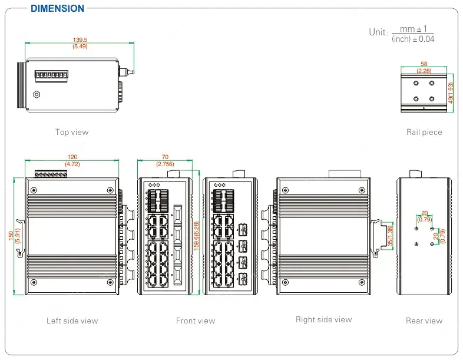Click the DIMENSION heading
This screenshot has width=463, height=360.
click(57, 8)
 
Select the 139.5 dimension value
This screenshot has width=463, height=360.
click(80, 39)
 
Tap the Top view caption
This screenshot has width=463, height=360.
click(72, 132)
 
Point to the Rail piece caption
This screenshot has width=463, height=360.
click(424, 132)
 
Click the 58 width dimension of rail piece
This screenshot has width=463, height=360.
click(424, 64)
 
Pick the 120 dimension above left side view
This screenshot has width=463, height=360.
click(72, 157)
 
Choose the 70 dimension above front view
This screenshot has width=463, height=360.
click(165, 157)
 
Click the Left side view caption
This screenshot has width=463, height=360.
click(72, 321)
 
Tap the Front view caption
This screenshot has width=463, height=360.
click(196, 321)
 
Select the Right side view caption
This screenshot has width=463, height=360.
click(323, 319)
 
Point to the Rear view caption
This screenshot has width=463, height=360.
click(424, 321)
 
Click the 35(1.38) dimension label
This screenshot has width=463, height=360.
click(390, 236)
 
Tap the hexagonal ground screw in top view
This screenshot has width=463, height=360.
click(37, 94)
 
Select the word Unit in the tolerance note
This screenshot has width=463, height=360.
click(378, 32)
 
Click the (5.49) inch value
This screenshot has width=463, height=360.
click(80, 46)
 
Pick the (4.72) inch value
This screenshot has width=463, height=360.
click(72, 164)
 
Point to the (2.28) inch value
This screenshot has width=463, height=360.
click(424, 70)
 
